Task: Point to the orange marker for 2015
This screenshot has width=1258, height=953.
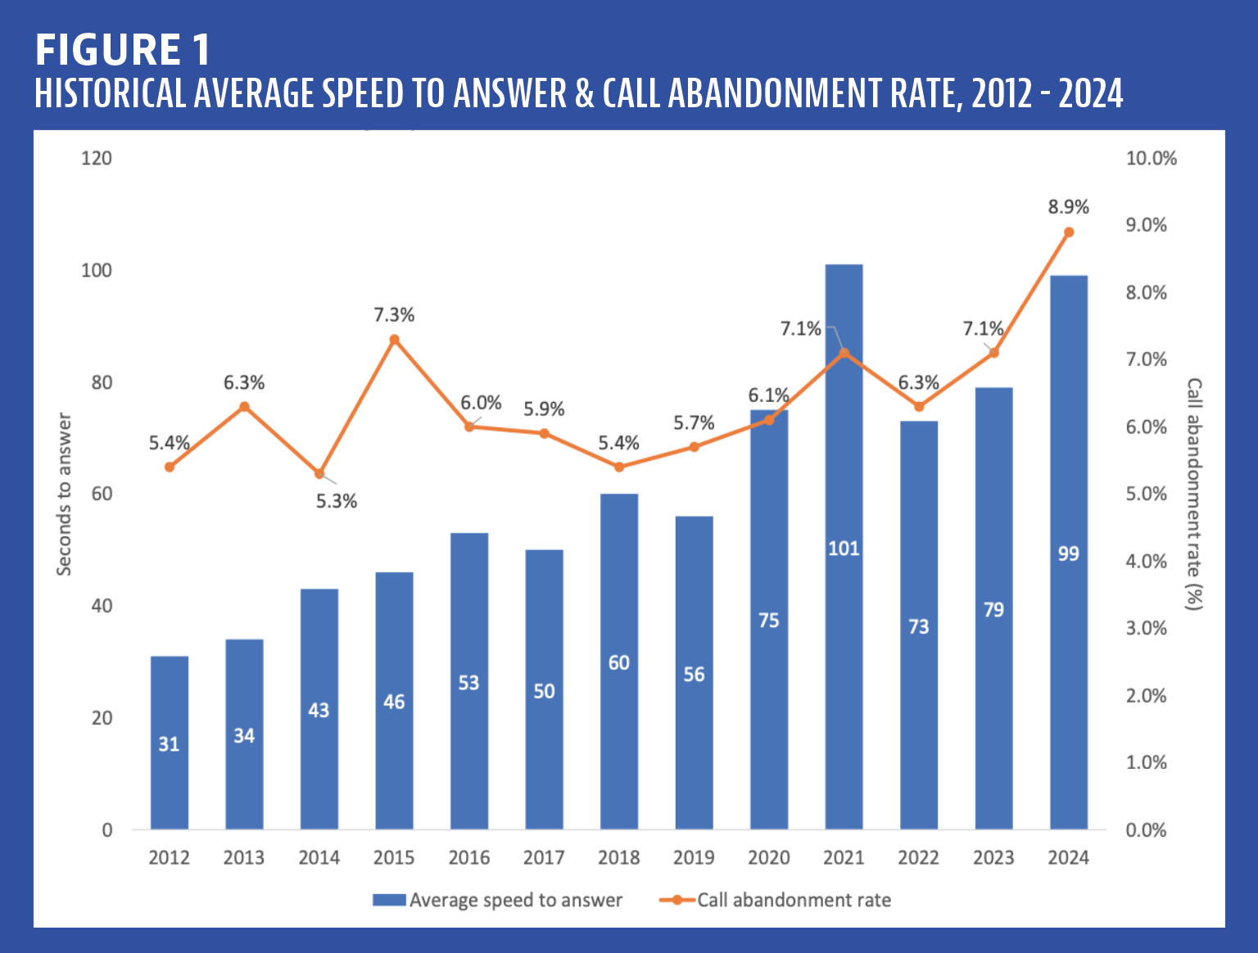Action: pyautogui.click(x=394, y=339)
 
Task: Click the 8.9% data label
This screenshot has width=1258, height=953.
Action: pyautogui.click(x=1068, y=207)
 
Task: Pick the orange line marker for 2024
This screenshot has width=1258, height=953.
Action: pyautogui.click(x=1069, y=233)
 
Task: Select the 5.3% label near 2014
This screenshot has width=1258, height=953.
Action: pyautogui.click(x=337, y=501)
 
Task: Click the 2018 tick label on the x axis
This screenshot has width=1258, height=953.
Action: pyautogui.click(x=618, y=857)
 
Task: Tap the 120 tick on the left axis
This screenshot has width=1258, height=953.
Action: pyautogui.click(x=96, y=158)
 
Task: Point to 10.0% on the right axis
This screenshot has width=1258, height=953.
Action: pyautogui.click(x=1151, y=158)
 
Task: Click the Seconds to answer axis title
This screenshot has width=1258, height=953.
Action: pyautogui.click(x=64, y=494)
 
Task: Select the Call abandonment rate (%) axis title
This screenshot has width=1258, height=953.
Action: pyautogui.click(x=1195, y=494)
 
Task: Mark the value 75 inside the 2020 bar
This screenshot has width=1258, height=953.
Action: pyautogui.click(x=768, y=621)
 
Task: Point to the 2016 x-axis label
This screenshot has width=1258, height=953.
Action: pyautogui.click(x=468, y=857)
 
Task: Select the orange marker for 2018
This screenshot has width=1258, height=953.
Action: pyautogui.click(x=619, y=467)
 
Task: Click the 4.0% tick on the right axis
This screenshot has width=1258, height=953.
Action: pyautogui.click(x=1146, y=561)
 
